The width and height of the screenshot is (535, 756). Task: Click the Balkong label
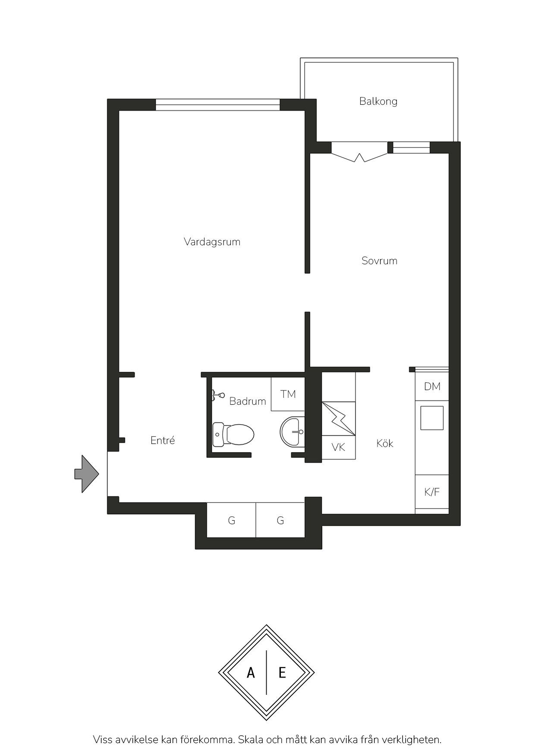pyautogui.click(x=378, y=102)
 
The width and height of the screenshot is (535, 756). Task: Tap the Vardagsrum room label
pyautogui.click(x=212, y=242)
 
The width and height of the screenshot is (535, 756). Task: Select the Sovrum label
pyautogui.click(x=379, y=261)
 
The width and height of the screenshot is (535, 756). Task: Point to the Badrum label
pyautogui.click(x=247, y=401)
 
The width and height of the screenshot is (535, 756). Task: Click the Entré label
pyautogui.click(x=163, y=440)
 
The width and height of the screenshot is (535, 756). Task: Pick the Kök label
pyautogui.click(x=384, y=444)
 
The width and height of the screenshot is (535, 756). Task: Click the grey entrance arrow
pyautogui.click(x=87, y=474)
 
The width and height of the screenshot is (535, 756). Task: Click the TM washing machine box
pyautogui.click(x=288, y=394)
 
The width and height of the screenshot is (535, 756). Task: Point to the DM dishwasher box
pyautogui.click(x=432, y=387)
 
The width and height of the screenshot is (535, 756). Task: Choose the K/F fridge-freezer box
pyautogui.click(x=432, y=492)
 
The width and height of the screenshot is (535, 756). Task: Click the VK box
pyautogui.click(x=339, y=447)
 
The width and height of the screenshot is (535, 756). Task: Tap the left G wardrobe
pyautogui.click(x=231, y=520)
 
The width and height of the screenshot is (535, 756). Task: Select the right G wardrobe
pyautogui.click(x=280, y=520)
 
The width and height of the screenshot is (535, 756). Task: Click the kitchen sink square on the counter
pyautogui.click(x=432, y=418)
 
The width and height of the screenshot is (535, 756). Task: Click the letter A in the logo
pyautogui.click(x=251, y=672)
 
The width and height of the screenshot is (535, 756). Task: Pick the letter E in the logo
pyautogui.click(x=282, y=672)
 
